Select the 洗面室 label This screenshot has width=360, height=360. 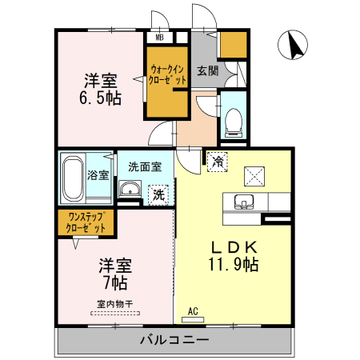tap(145, 166)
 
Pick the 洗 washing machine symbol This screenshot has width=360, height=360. tap(158, 193)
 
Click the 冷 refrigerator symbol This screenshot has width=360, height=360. tap(218, 161)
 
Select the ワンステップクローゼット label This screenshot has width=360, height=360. tap(86, 222)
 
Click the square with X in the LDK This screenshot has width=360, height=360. tap(254, 174)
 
